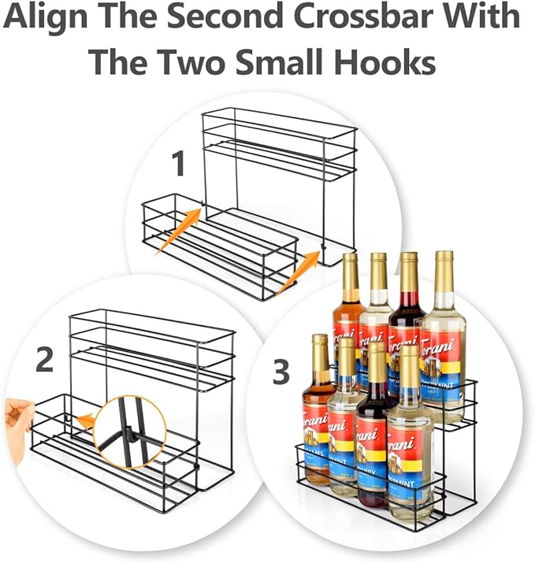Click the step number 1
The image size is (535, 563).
(x=179, y=165)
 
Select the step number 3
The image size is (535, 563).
(x=281, y=372)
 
